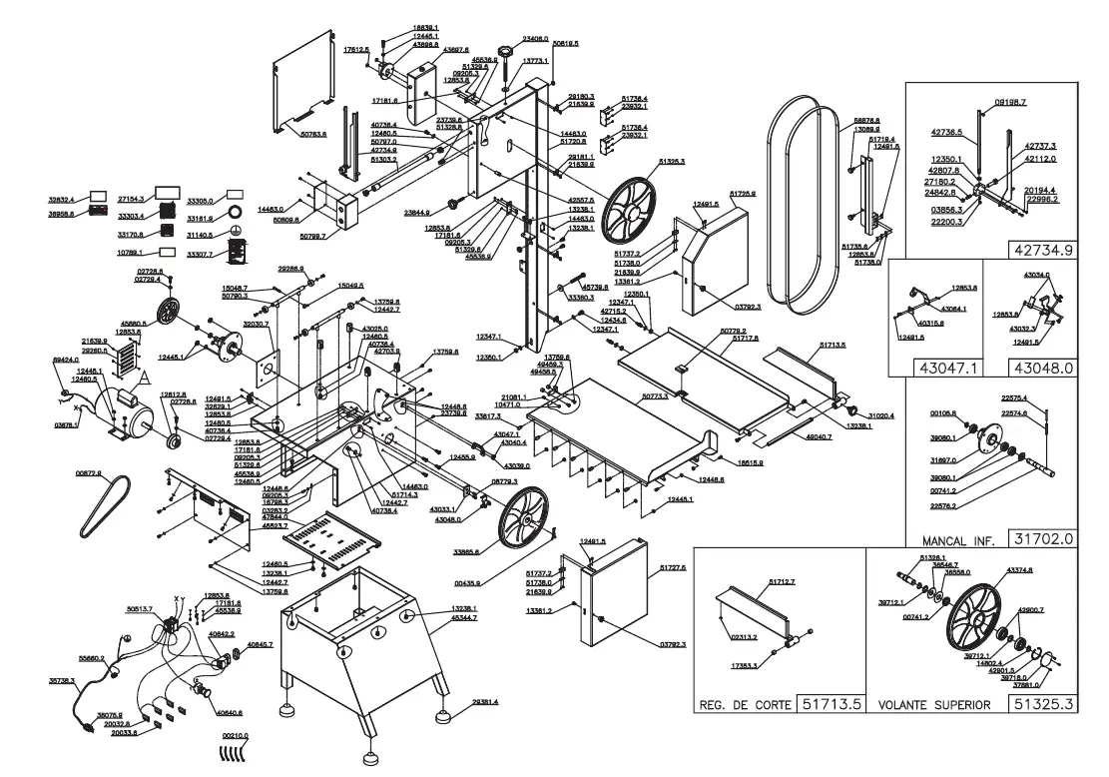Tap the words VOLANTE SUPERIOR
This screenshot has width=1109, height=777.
pos(934,705)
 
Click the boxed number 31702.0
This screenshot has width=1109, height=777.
pos(1040,539)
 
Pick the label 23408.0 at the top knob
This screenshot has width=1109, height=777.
pos(534,39)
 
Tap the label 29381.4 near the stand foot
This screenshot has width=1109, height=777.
pos(484,702)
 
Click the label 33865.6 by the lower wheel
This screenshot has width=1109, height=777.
pos(466,551)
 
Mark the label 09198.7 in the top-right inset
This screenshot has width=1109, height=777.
pos(1011,102)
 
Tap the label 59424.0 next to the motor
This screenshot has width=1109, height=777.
pos(65,358)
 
